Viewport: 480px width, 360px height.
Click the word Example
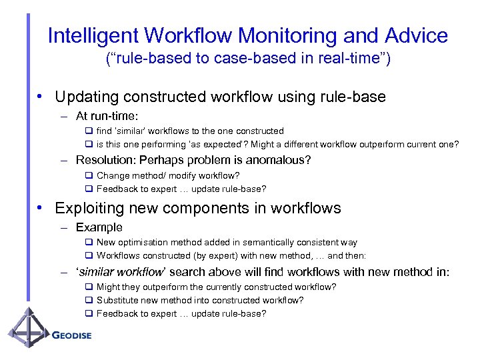coord(99,227)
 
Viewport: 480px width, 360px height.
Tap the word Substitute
coord(119,300)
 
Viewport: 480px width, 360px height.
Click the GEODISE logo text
coord(71,335)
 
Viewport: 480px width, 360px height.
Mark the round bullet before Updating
coord(41,97)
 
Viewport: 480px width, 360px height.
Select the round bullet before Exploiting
coord(41,208)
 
